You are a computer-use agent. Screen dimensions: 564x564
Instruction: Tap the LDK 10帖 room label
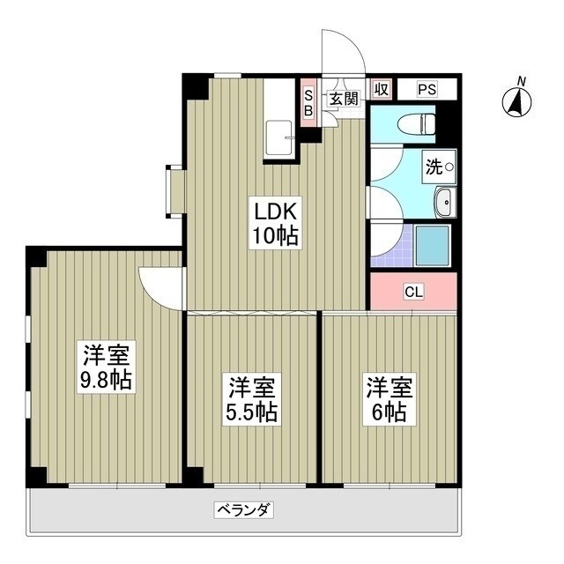coord(277,223)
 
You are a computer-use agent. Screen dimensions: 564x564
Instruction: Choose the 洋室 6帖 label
coord(389,399)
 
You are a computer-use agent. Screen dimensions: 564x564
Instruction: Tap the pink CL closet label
coord(412,292)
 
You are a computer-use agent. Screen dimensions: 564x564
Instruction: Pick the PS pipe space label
coord(427,89)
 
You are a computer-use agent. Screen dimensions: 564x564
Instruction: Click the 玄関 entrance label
coord(344,99)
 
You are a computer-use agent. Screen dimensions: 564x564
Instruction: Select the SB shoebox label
coord(308,104)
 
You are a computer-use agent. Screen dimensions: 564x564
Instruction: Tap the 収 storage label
coord(381,89)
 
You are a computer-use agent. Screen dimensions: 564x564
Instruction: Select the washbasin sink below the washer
coord(445,203)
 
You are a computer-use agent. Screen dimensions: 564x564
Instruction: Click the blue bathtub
coord(433,243)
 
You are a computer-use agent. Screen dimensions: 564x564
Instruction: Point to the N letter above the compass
coord(521,82)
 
